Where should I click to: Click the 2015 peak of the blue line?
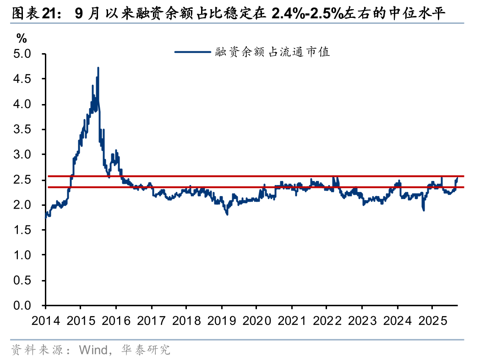coord(98,68)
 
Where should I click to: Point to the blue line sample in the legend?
coord(193,52)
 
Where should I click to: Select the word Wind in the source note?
coord(93,351)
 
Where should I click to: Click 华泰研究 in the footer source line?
coord(145,351)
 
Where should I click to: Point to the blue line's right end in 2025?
coord(457,178)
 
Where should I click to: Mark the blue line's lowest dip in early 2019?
coord(227,214)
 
